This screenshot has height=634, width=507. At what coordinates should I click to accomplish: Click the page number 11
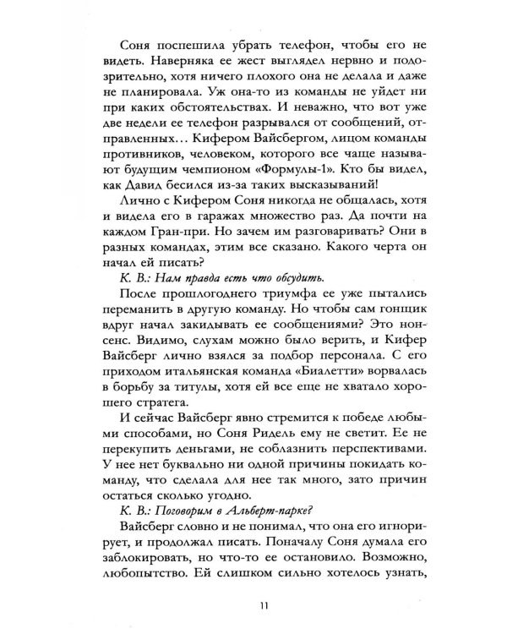point(254,604)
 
